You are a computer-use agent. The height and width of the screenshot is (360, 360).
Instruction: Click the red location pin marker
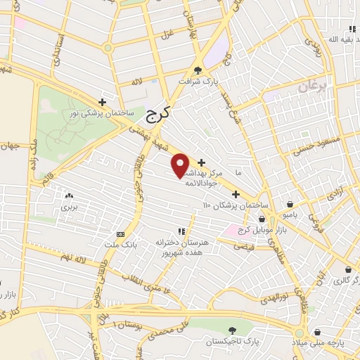(x=181, y=165)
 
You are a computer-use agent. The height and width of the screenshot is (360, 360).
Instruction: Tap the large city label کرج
(x=159, y=114)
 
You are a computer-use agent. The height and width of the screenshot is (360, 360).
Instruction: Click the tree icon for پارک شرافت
(x=198, y=70)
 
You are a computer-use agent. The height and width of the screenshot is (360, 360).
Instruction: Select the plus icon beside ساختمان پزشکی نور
(x=103, y=102)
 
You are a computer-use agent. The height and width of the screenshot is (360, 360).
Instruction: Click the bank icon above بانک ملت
(x=120, y=234)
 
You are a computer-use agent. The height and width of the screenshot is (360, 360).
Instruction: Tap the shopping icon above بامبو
(x=290, y=204)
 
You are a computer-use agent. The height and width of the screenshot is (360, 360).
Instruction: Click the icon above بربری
(x=69, y=196)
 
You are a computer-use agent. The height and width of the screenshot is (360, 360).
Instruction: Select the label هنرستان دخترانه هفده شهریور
(x=179, y=247)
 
